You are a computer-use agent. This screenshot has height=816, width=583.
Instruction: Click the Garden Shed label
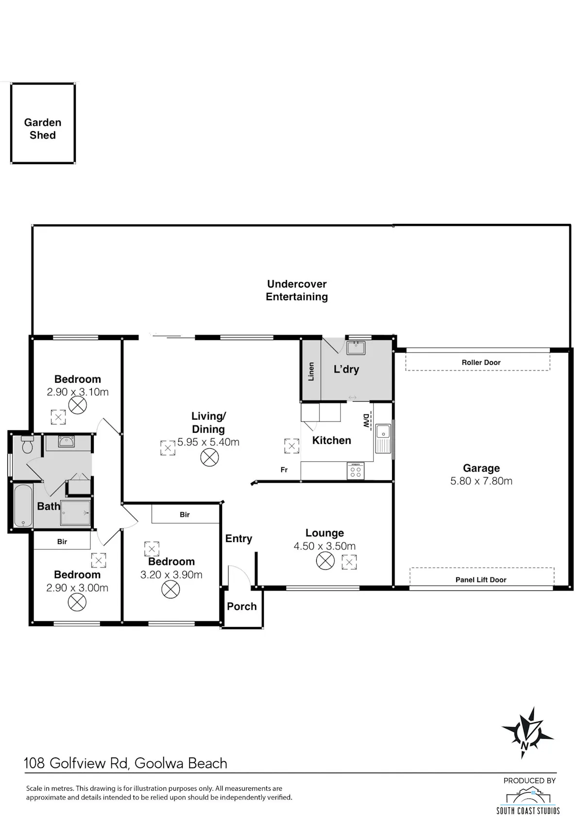point(43,129)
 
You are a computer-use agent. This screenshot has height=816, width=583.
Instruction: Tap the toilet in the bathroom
point(27,443)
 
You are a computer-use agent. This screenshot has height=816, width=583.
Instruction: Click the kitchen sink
point(383,438)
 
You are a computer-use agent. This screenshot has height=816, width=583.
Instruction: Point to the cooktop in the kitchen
point(355,471)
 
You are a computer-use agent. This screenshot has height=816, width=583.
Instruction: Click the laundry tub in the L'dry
point(356,348)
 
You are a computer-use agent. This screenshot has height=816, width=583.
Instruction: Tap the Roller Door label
point(481,362)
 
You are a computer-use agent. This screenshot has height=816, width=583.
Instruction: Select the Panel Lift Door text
point(481,579)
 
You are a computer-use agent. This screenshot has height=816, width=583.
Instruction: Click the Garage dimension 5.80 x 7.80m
point(481,481)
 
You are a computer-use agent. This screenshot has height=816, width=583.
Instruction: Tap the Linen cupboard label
point(311,372)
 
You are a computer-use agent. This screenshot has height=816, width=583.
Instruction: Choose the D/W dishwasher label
point(366,421)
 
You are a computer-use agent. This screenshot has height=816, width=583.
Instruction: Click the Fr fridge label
point(284,470)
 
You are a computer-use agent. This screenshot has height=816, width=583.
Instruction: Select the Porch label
point(241,606)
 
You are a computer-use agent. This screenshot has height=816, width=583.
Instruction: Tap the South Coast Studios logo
point(528,801)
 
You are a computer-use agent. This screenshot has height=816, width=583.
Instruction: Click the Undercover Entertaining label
point(296,290)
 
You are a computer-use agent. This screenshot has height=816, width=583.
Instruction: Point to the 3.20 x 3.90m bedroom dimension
point(171,575)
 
